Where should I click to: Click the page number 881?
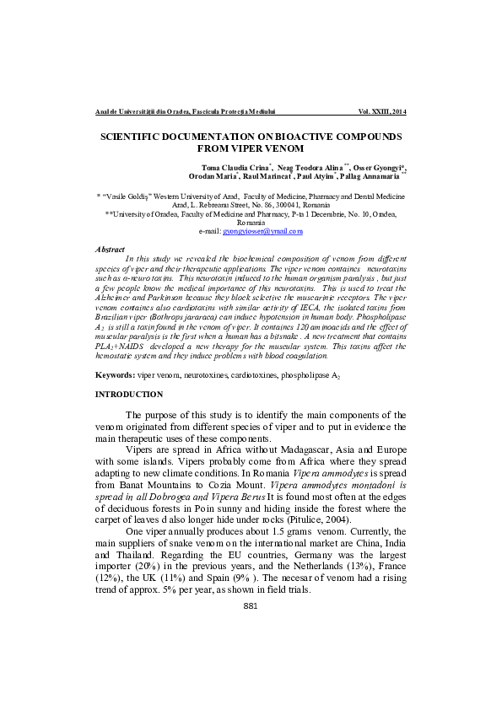tap(250, 654)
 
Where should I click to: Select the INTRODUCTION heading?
tap(129, 395)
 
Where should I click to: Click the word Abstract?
tap(110, 250)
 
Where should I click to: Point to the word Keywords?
tap(115, 374)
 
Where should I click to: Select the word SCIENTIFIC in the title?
tap(134, 136)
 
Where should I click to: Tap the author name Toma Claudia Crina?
tap(235, 167)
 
